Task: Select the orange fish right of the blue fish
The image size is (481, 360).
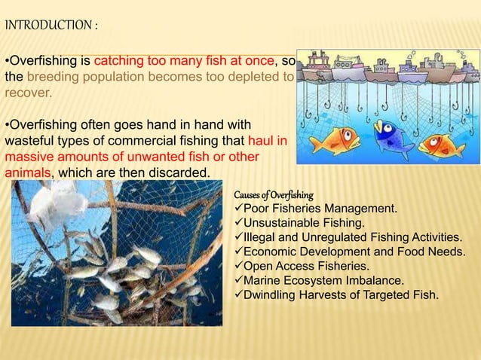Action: pyautogui.click(x=442, y=144)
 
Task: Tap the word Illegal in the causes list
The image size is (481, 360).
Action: pyautogui.click(x=260, y=237)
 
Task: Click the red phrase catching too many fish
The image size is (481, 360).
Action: pyautogui.click(x=170, y=61)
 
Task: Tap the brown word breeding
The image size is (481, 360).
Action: pyautogui.click(x=51, y=78)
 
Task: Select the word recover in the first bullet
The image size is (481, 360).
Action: pyautogui.click(x=27, y=94)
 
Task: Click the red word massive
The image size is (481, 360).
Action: pyautogui.click(x=31, y=157)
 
